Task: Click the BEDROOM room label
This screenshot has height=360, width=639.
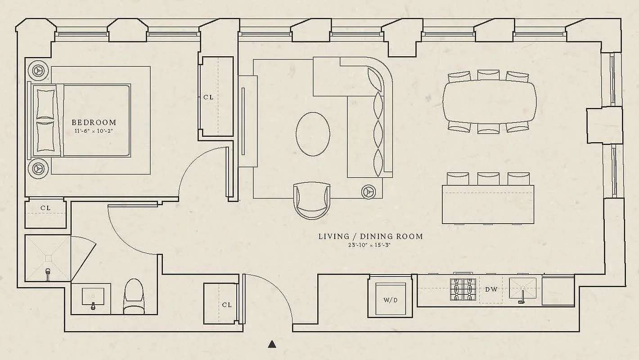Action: pyautogui.click(x=94, y=122)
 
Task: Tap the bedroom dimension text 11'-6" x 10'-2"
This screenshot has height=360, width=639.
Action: pyautogui.click(x=94, y=131)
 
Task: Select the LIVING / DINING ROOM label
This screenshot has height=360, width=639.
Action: pyautogui.click(x=370, y=236)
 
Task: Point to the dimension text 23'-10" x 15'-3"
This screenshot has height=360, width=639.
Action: pyautogui.click(x=370, y=245)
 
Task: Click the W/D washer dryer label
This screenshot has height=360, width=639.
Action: pyautogui.click(x=390, y=300)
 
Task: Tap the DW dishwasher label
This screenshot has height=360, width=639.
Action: pyautogui.click(x=491, y=289)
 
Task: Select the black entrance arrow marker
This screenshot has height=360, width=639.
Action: pyautogui.click(x=272, y=344)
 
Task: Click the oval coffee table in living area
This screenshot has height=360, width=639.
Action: pyautogui.click(x=313, y=134)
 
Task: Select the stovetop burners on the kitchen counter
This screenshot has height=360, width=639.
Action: pyautogui.click(x=463, y=289)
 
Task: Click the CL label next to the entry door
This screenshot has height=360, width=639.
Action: pyautogui.click(x=227, y=305)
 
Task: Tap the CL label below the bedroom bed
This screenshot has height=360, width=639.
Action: pyautogui.click(x=45, y=208)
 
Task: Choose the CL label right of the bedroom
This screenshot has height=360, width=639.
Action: pyautogui.click(x=208, y=97)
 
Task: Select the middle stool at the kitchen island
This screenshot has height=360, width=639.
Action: pyautogui.click(x=488, y=179)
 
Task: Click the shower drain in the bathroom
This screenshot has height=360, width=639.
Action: pyautogui.click(x=47, y=258)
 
